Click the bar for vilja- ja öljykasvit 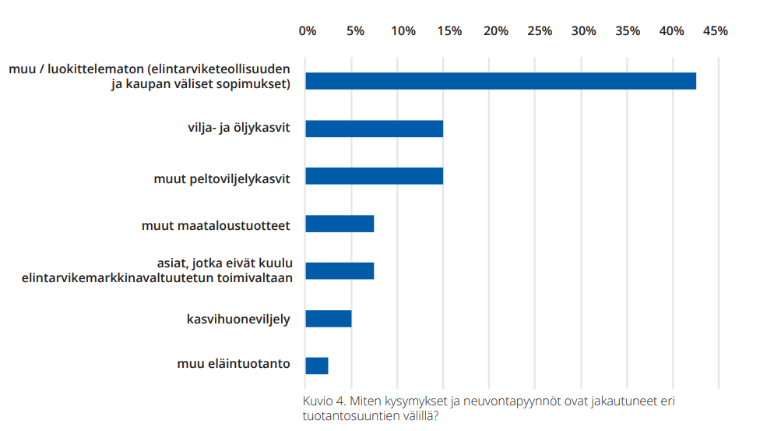click(374, 129)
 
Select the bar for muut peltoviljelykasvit click(374, 176)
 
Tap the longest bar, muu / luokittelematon click(500, 81)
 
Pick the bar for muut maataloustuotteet click(340, 224)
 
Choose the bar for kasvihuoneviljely click(328, 319)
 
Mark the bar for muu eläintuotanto click(316, 366)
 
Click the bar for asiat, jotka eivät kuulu click(340, 271)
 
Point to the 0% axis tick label click(308, 31)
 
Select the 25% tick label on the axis click(540, 31)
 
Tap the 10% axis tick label click(403, 31)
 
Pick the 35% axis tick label click(628, 31)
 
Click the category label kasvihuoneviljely click(238, 319)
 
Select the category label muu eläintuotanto click(233, 364)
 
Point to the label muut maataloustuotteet click(216, 226)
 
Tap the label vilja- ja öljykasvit click(234, 128)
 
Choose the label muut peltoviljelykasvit click(222, 179)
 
